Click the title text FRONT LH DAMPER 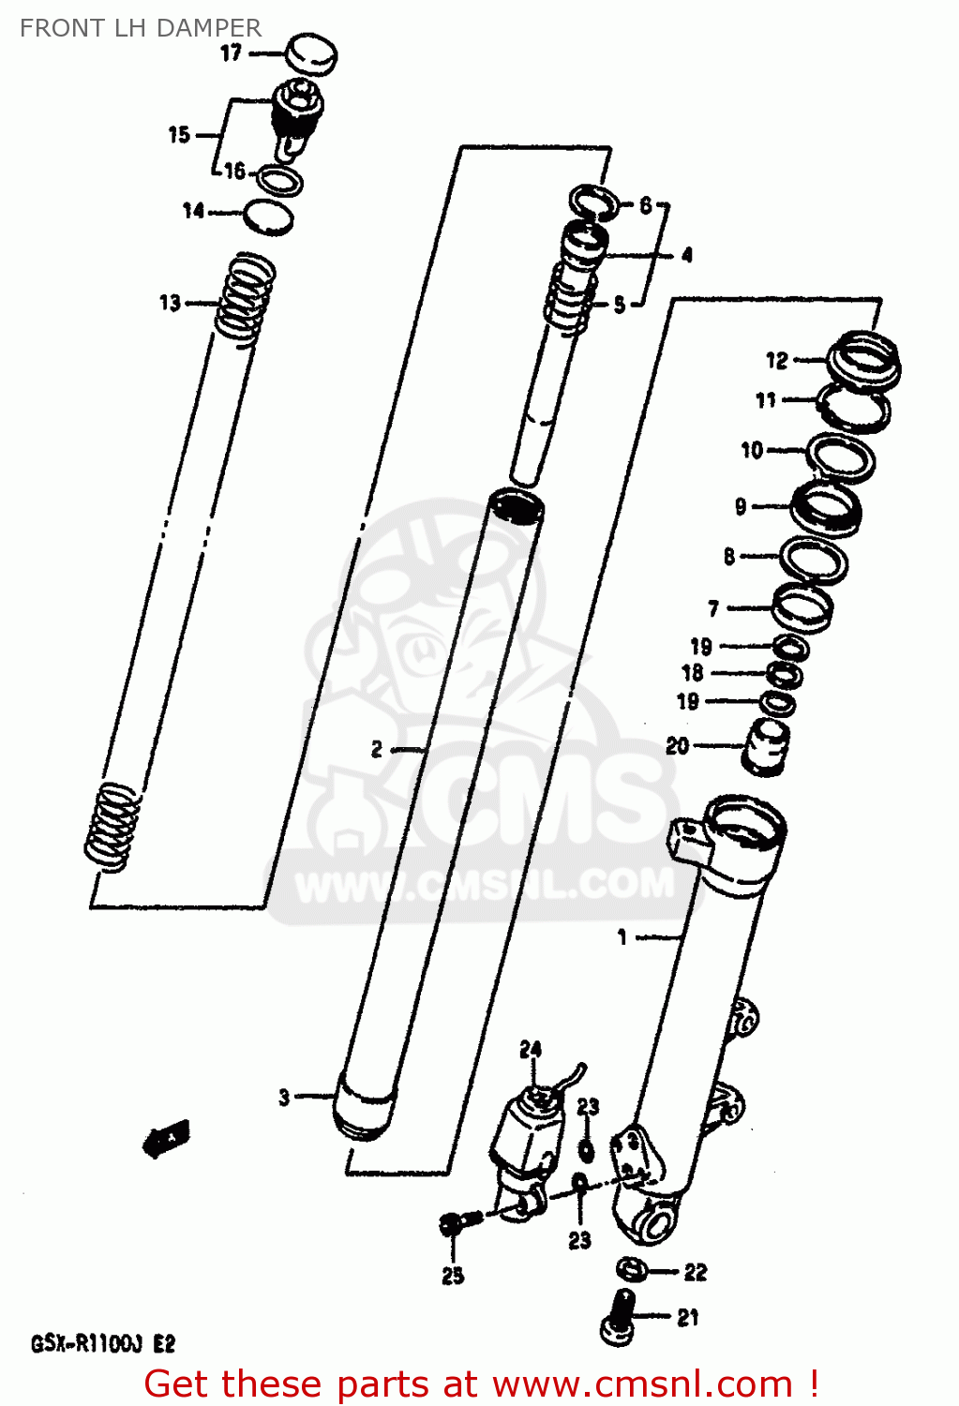pos(141,28)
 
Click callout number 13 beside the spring pos(170,303)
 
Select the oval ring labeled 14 pos(269,217)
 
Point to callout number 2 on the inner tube pos(376,749)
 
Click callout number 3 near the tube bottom pos(284,1097)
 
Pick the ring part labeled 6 pos(593,200)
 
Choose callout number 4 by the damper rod pos(687,254)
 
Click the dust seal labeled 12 pos(863,359)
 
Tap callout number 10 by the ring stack pos(752,450)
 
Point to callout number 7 pos(713,608)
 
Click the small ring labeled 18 pos(785,674)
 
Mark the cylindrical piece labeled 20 pos(765,747)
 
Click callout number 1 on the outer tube pos(622,936)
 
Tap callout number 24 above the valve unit pos(531,1049)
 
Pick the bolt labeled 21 pos(618,1316)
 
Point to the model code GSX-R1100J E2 pos(103,1344)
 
